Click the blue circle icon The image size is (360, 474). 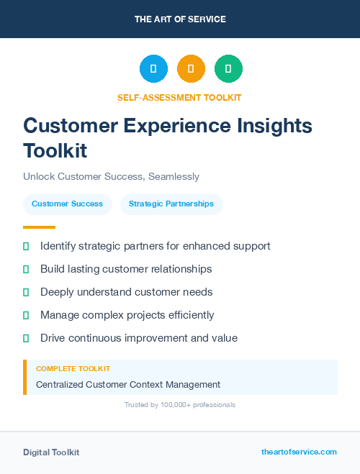coord(153,69)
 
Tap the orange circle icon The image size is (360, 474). coord(191,69)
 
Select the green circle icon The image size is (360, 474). coord(228,69)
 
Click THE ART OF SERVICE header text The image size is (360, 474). coord(180,19)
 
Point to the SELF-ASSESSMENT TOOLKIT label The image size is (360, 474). coord(179,97)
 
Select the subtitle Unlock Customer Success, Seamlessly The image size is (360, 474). coord(111,176)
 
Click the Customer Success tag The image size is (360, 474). coord(67,204)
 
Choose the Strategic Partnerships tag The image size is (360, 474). coord(171,204)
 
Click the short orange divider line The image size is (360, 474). coord(39,227)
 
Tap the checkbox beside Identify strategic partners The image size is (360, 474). coord(26,246)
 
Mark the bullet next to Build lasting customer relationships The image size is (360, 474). coord(26,269)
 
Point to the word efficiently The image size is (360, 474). coord(190,315)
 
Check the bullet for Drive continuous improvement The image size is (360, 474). coord(26,338)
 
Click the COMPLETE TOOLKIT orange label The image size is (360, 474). coord(73,369)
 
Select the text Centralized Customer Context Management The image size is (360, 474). coord(128,385)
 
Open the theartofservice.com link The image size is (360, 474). coord(299,452)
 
